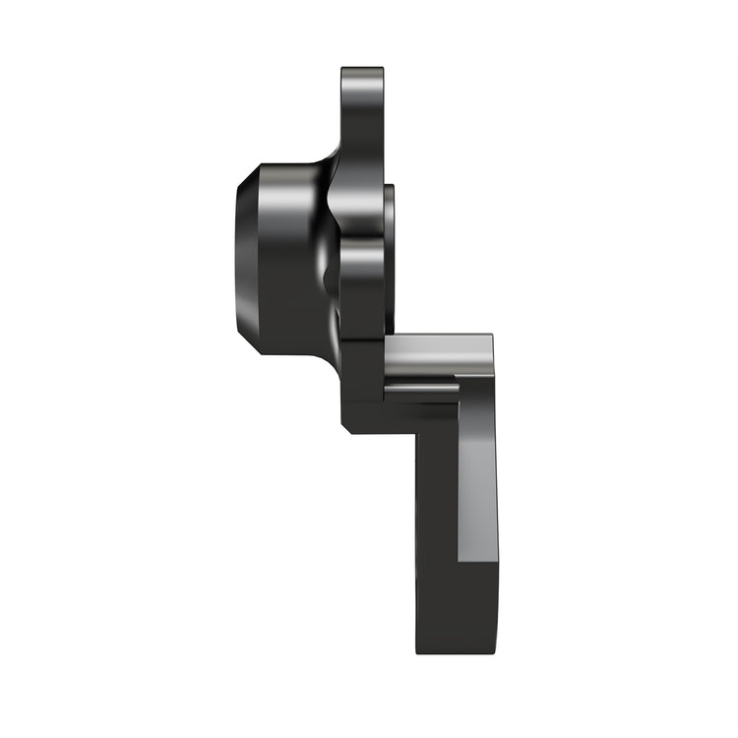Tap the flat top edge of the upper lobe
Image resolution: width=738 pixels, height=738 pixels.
pyautogui.click(x=362, y=69)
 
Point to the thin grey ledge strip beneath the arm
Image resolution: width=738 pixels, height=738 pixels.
pyautogui.click(x=421, y=392)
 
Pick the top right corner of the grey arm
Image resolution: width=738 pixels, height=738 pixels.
pyautogui.click(x=492, y=337)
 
